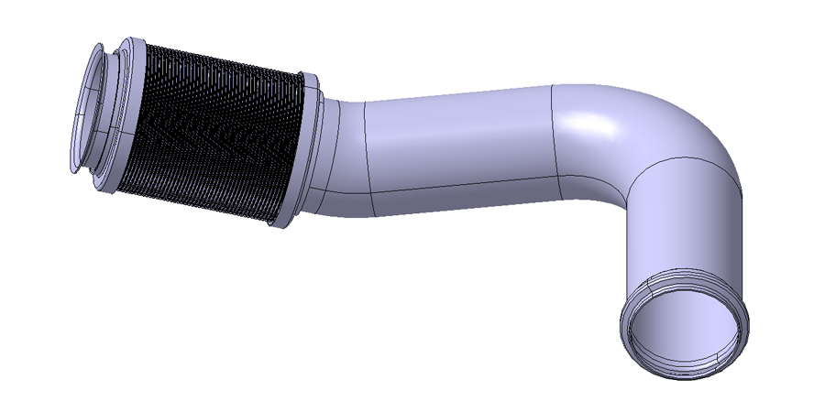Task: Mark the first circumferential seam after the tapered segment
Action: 366,151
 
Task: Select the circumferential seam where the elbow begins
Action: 555,137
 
